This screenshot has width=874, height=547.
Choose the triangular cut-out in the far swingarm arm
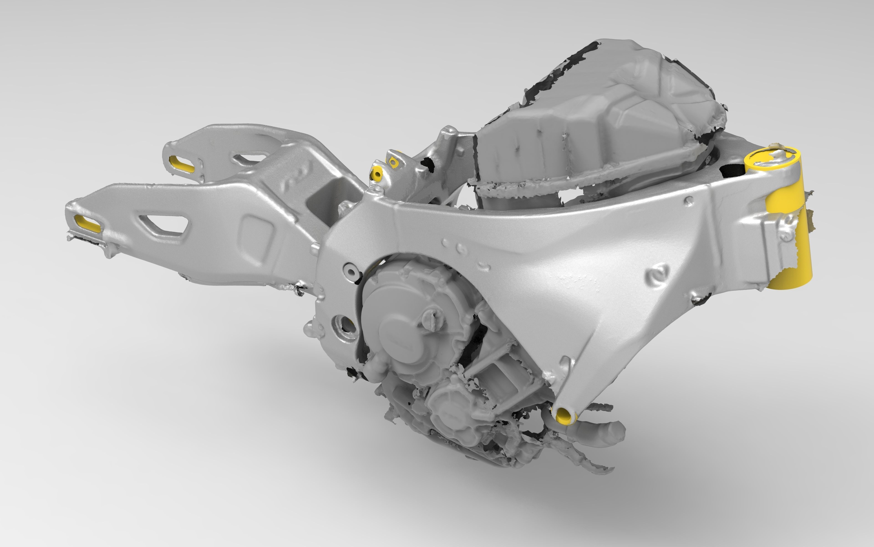point(249,159)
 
